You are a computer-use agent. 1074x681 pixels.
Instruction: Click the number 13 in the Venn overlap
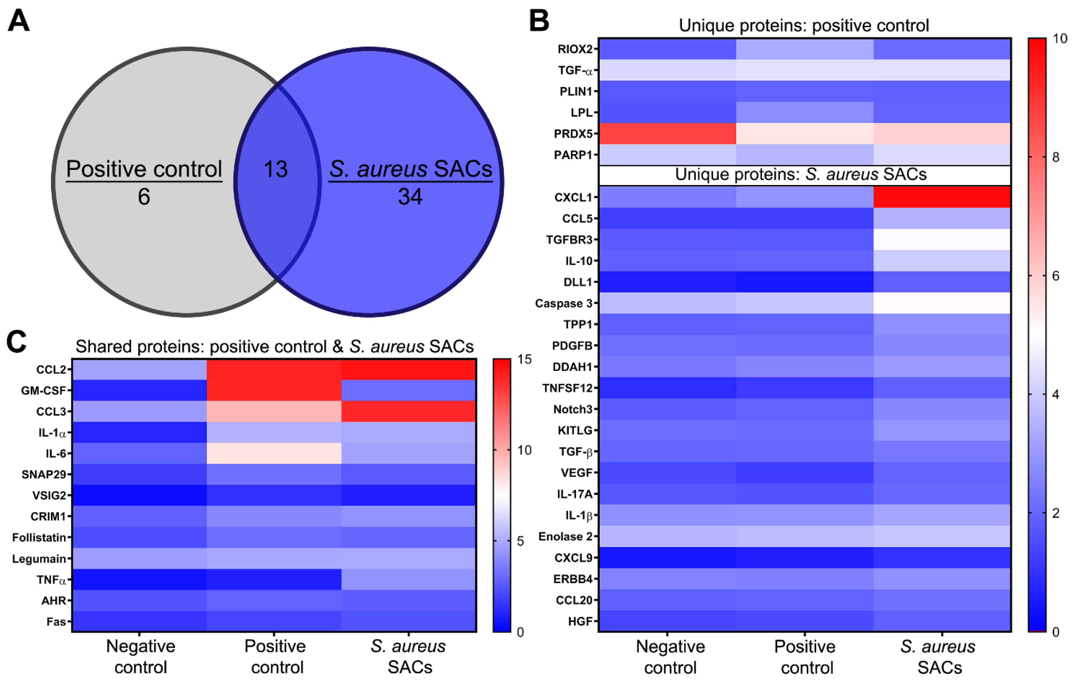tap(276, 169)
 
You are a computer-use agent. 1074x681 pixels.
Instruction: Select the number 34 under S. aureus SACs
tap(410, 197)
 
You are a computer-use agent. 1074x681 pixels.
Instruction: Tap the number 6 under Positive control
tap(144, 197)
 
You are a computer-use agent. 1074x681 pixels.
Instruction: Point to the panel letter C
tap(16, 342)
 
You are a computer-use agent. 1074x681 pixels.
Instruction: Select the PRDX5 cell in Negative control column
tap(667, 133)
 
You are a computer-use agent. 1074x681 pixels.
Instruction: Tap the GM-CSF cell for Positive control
tap(274, 390)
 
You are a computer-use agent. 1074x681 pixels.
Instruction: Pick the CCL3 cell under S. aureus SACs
tap(409, 411)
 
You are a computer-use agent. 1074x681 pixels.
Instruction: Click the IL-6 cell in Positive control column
tap(274, 453)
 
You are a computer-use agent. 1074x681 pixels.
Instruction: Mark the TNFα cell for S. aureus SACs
tap(409, 579)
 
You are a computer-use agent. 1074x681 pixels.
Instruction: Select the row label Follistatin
tap(39, 538)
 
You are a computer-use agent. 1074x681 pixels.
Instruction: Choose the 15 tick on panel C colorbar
tap(524, 359)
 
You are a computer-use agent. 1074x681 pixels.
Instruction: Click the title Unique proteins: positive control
tap(804, 25)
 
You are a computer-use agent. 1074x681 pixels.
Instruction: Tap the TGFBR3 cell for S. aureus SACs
tap(942, 239)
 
